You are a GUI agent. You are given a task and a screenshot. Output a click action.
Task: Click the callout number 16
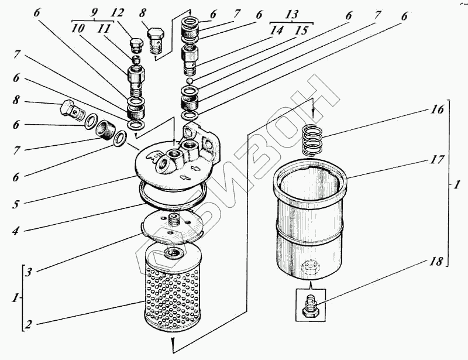(437, 109)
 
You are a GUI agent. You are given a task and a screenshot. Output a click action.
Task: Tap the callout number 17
(437, 160)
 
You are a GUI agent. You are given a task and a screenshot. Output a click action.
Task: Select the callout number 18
(436, 262)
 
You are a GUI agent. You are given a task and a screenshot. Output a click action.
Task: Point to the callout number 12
(118, 13)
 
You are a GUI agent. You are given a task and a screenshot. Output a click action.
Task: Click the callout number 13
(291, 14)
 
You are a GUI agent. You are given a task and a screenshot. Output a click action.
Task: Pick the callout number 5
(16, 204)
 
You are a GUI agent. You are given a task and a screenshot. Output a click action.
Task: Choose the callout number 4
(16, 231)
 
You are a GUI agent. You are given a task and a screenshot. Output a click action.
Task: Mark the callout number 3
(27, 272)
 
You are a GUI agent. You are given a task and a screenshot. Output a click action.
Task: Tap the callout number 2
(27, 325)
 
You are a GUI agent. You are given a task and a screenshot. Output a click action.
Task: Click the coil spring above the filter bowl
(312, 140)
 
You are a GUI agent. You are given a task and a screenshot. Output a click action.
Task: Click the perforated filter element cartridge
(171, 287)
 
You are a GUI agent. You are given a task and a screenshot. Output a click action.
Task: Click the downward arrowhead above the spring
(312, 114)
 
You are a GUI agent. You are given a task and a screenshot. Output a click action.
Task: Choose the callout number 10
(78, 29)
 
